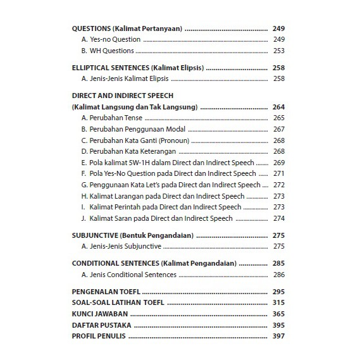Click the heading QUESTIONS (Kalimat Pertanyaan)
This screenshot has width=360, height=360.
[127, 29]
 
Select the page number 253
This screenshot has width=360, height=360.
[279, 51]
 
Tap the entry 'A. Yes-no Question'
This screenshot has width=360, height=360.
[111, 40]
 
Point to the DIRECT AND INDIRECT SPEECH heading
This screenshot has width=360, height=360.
[123, 96]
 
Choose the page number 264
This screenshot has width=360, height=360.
[279, 107]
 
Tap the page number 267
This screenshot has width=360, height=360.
[279, 129]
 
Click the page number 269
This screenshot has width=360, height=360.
[279, 163]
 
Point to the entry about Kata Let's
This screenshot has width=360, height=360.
[171, 185]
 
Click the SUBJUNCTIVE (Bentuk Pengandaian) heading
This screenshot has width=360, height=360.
[132, 235]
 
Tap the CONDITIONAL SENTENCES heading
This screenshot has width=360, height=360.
[154, 263]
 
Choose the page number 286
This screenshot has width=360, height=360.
[279, 275]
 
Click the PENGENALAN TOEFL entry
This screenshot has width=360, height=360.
[106, 292]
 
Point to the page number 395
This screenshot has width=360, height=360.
[279, 325]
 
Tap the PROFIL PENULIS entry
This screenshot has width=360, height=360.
[99, 336]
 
